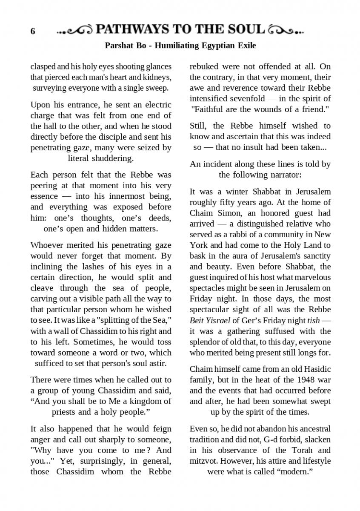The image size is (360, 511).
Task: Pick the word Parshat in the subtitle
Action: [118, 45]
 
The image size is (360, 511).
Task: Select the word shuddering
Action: [112, 158]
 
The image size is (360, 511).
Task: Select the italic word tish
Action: [313, 320]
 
